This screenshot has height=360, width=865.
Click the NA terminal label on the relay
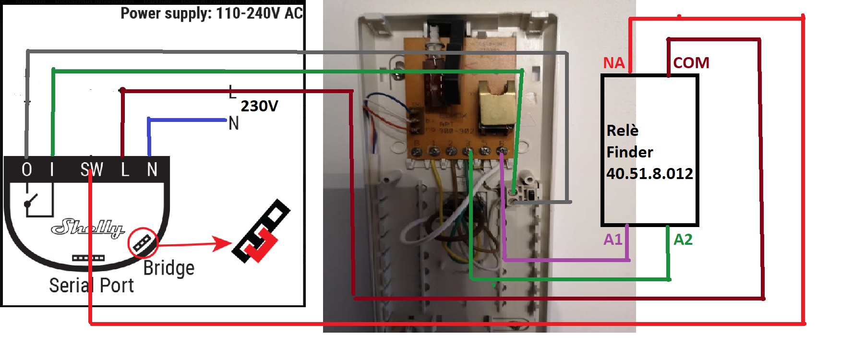[x=614, y=63]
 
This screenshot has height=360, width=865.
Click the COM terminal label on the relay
[x=691, y=63]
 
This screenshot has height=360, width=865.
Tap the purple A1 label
[x=613, y=239]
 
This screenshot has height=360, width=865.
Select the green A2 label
[x=683, y=239]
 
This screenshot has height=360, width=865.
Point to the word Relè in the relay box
[x=622, y=131]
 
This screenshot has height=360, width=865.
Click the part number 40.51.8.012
[x=649, y=173]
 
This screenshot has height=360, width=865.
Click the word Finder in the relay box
[x=629, y=152]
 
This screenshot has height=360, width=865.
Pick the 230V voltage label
[x=259, y=106]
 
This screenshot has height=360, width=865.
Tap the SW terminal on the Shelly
[x=91, y=169]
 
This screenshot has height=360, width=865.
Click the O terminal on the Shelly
[x=27, y=169]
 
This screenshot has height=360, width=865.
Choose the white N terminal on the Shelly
[x=152, y=169]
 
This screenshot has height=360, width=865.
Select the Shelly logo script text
[x=88, y=228]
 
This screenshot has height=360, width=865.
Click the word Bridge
[x=169, y=268]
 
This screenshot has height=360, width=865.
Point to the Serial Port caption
[x=91, y=286]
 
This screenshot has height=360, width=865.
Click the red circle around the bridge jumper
[x=143, y=242]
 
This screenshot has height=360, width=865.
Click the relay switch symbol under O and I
[x=38, y=201]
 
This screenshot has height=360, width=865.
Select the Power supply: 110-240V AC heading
[x=212, y=13]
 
